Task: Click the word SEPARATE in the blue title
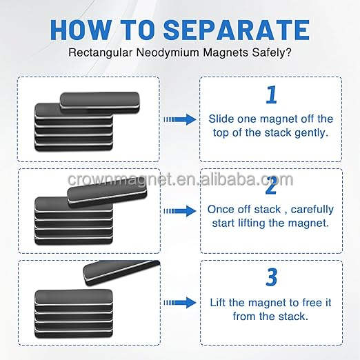237,30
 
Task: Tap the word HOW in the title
81,30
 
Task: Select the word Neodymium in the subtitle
168,52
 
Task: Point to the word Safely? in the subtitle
272,52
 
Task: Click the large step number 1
271,94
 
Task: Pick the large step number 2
271,186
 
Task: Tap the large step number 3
272,277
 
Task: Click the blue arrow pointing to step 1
180,119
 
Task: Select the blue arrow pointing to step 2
180,211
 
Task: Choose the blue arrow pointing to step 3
180,303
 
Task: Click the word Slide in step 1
221,119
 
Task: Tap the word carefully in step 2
312,210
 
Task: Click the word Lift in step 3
218,303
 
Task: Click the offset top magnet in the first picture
100,103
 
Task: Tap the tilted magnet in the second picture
107,192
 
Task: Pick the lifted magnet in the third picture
121,272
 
